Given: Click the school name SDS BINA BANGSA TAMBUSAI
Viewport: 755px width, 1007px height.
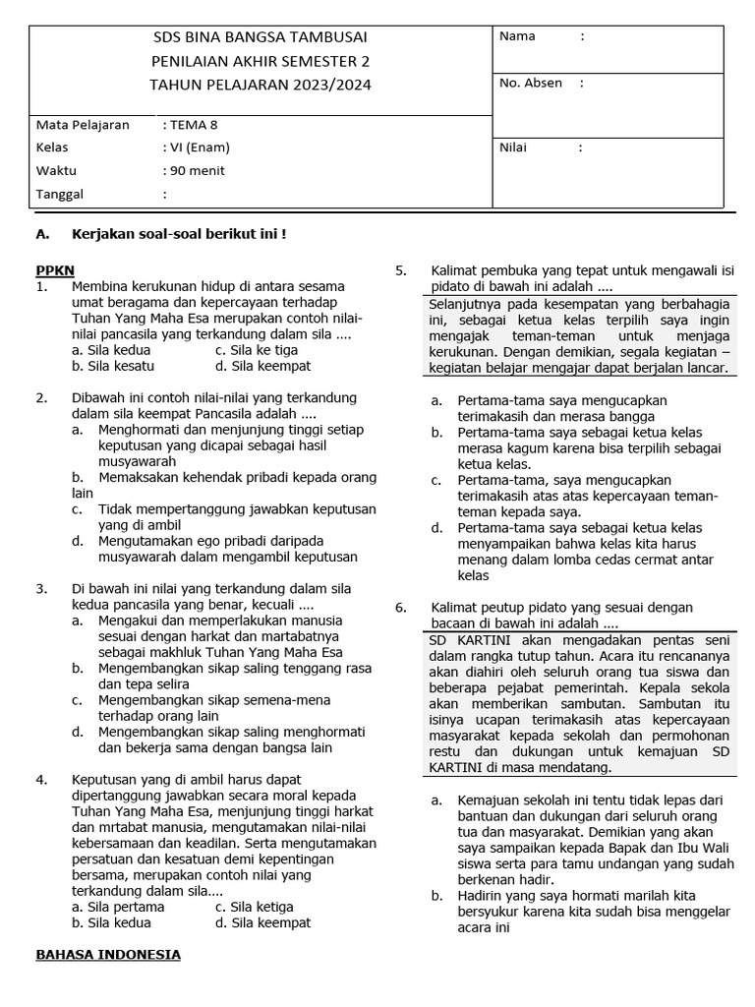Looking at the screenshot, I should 261,37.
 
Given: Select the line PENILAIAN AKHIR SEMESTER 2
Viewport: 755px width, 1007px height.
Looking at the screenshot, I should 261,61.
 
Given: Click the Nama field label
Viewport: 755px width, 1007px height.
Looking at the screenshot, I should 517,36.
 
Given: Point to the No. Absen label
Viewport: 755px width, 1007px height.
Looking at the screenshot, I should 531,83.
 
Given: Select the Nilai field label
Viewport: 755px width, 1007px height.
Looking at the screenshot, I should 513,148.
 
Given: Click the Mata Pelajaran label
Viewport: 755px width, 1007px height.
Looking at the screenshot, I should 83,125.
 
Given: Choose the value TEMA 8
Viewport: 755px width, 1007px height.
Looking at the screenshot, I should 194,125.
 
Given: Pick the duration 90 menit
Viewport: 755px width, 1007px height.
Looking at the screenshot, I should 197,170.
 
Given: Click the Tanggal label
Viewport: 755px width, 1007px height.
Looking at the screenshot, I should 60,194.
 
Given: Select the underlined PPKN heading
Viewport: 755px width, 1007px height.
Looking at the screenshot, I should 55,269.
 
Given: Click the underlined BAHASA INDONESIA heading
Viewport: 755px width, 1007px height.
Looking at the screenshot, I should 108,954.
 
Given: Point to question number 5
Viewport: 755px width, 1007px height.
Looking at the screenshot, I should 400,270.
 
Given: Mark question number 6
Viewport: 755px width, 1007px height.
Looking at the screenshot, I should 400,607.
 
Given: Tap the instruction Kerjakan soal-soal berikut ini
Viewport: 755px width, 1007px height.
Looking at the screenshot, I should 179,234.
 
